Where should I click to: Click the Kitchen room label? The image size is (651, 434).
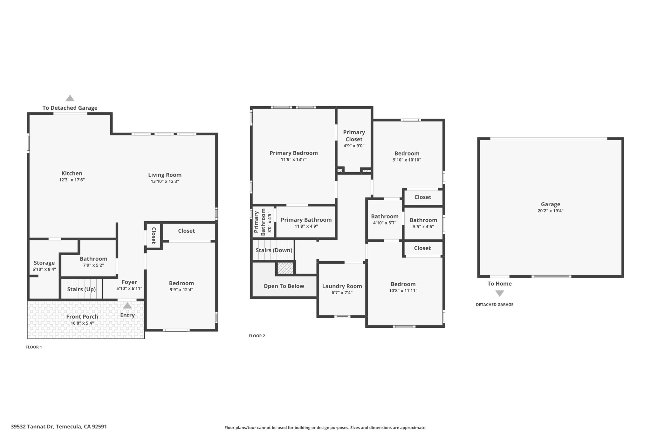pyautogui.click(x=72, y=173)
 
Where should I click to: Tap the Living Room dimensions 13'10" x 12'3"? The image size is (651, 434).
pyautogui.click(x=165, y=181)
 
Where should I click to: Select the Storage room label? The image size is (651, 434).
pyautogui.click(x=44, y=263)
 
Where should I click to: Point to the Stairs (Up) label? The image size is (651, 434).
pyautogui.click(x=81, y=289)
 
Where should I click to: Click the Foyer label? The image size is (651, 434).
pyautogui.click(x=129, y=282)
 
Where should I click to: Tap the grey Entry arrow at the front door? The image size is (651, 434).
pyautogui.click(x=127, y=306)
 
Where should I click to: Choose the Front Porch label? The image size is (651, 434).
pyautogui.click(x=82, y=316)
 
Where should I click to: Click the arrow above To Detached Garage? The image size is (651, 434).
pyautogui.click(x=70, y=98)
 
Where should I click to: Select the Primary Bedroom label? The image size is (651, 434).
pyautogui.click(x=294, y=153)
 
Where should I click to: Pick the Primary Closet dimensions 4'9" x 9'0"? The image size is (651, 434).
pyautogui.click(x=354, y=146)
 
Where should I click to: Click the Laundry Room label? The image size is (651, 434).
pyautogui.click(x=342, y=286)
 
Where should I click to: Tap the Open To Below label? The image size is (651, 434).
pyautogui.click(x=284, y=286)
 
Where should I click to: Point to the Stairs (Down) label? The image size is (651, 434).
pyautogui.click(x=274, y=250)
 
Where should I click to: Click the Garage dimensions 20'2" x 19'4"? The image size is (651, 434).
pyautogui.click(x=551, y=210)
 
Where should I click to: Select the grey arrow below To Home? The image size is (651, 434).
pyautogui.click(x=500, y=293)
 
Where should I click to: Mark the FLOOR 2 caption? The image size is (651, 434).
pyautogui.click(x=257, y=336)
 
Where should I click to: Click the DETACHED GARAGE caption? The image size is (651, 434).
pyautogui.click(x=495, y=305)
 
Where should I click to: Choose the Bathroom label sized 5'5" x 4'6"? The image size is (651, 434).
pyautogui.click(x=423, y=220)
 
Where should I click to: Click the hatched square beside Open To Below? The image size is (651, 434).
pyautogui.click(x=285, y=268)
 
